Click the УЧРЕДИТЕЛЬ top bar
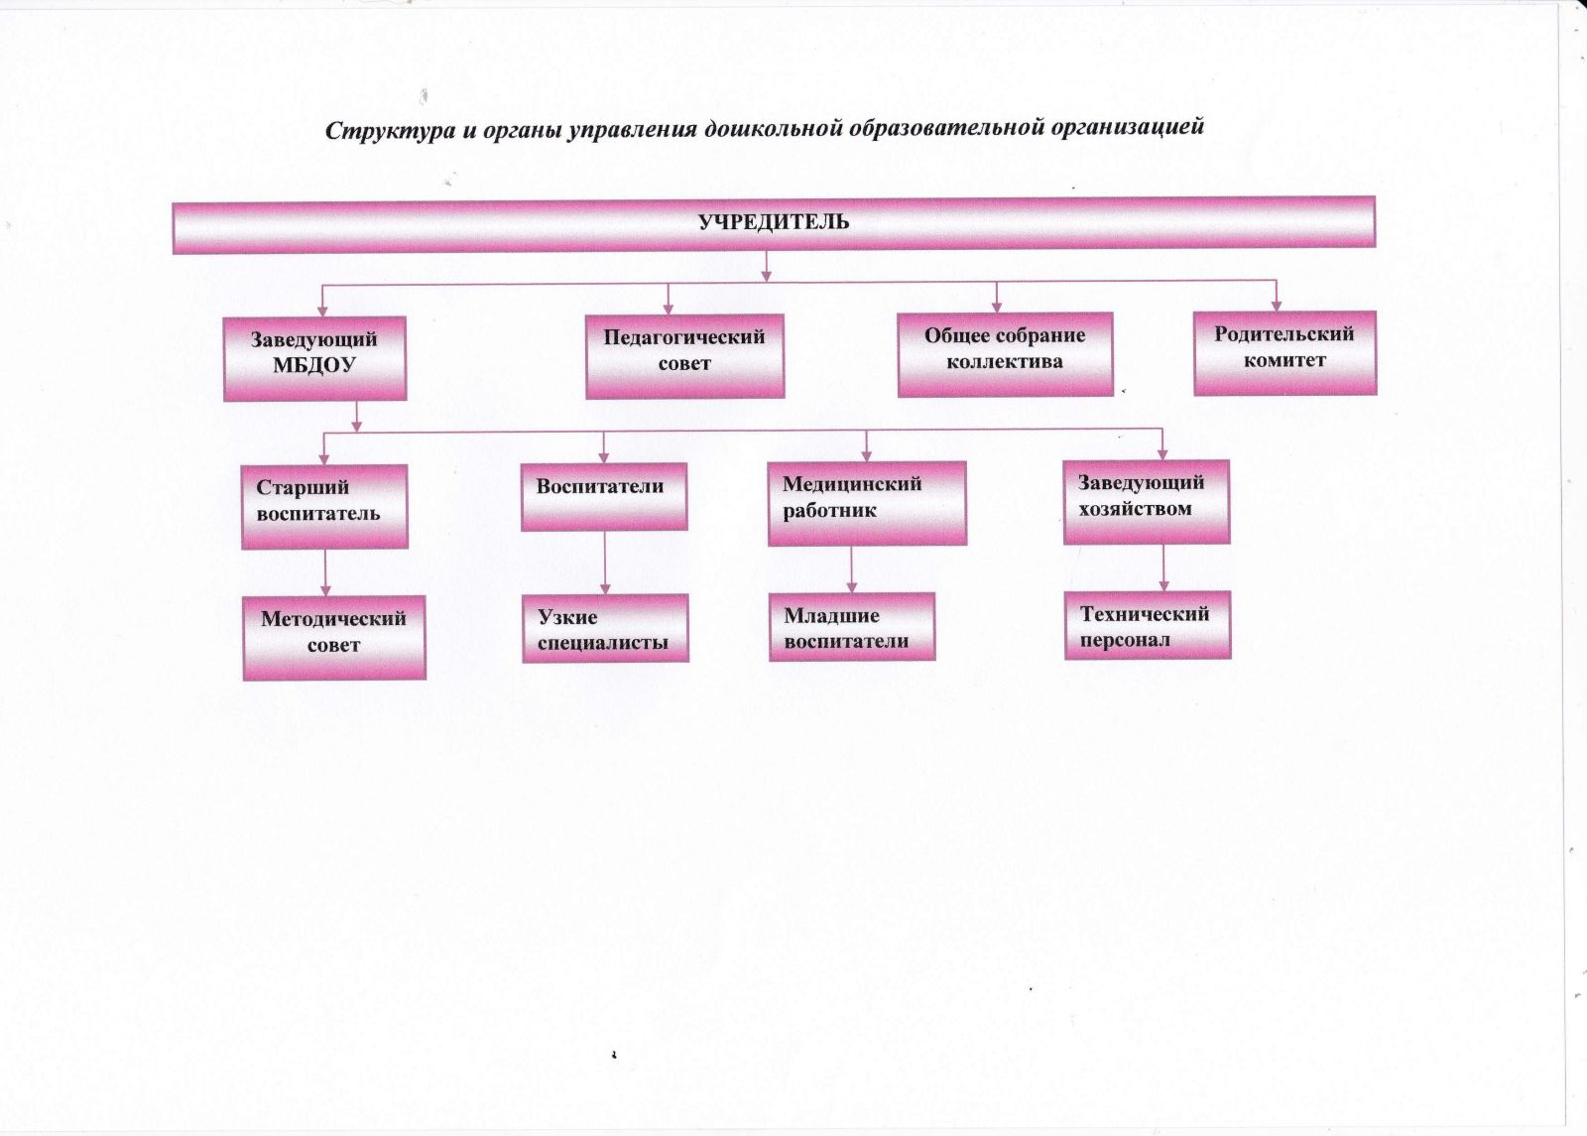pos(774,223)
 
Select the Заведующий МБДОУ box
pos(314,357)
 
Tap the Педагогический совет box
pos(684,355)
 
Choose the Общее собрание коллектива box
pos(1005,353)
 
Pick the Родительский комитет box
pos(1284,351)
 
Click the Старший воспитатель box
pos(324,505)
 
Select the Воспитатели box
pos(603,495)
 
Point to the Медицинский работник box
pos(867,502)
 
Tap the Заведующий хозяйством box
pos(1146,500)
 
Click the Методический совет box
pos(334,637)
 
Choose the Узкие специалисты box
pos(605,628)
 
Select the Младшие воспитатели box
pos(851,626)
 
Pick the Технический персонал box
pos(1147,625)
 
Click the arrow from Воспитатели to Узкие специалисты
pos(605,563)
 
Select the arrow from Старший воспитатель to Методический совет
pos(324,572)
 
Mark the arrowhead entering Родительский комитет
pos(1277,304)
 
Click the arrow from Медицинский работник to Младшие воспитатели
pos(851,569)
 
